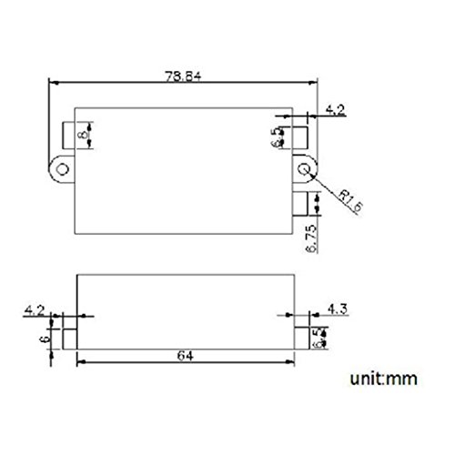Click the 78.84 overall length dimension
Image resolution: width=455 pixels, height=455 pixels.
183,76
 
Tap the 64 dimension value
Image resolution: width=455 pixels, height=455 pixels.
186,356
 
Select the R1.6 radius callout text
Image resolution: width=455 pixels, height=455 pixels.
350,201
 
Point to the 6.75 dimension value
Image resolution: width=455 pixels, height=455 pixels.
311,238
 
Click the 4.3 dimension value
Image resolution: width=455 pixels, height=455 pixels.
338,309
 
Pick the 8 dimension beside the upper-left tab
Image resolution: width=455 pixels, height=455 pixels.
83,134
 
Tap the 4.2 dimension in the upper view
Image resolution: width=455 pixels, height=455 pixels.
335,109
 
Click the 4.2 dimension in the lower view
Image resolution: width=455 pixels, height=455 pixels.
35,310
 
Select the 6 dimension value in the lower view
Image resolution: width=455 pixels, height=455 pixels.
45,339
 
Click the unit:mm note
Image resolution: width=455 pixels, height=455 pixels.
384,379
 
